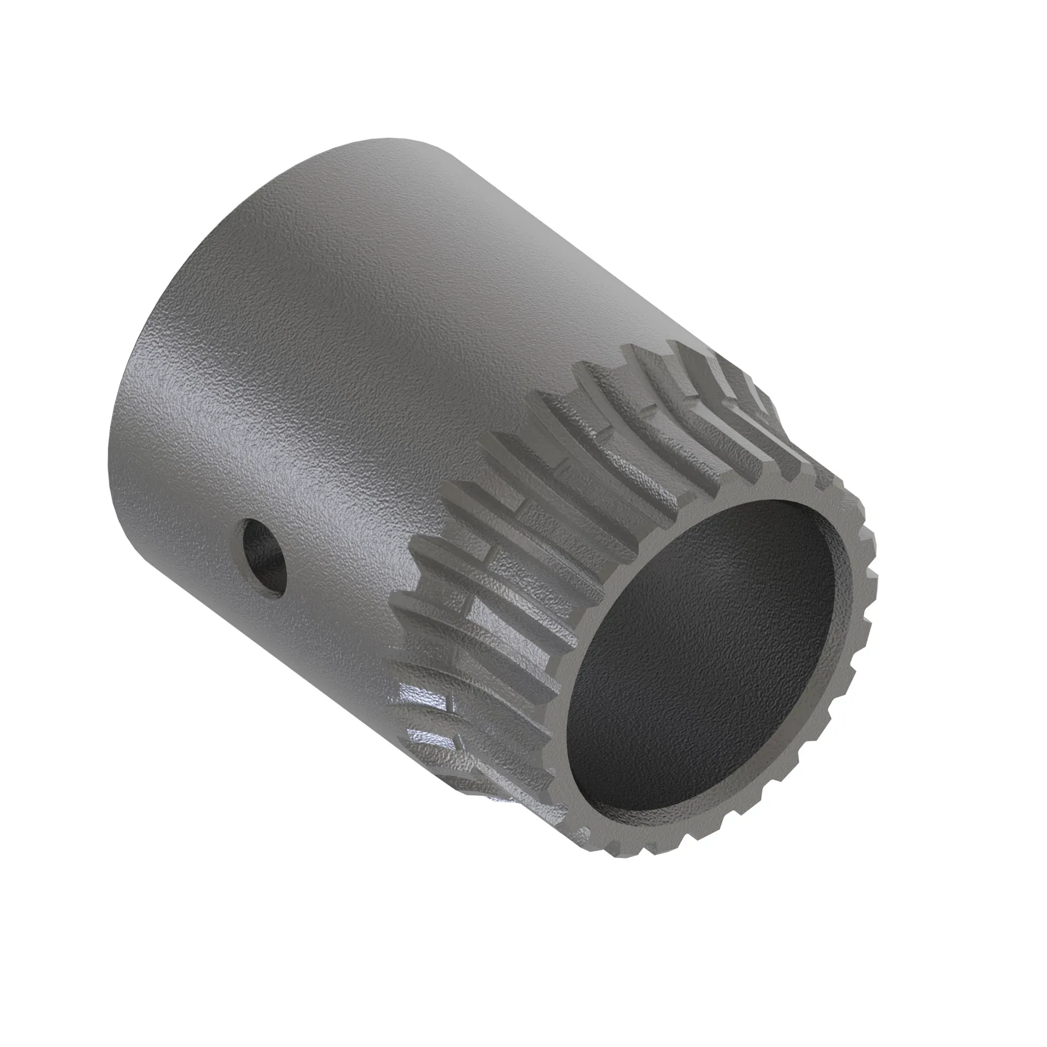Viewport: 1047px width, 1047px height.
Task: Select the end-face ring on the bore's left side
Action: coord(564,721)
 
